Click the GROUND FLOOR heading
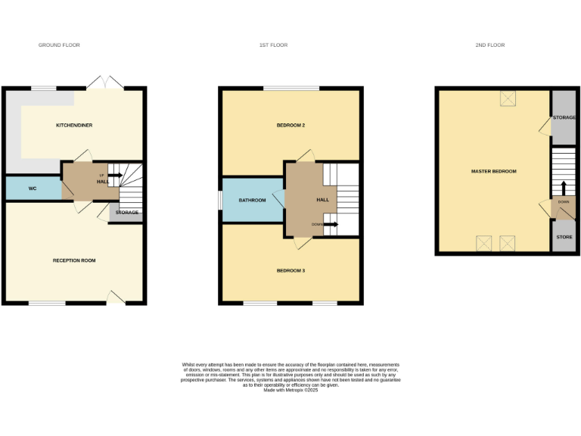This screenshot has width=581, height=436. click(x=59, y=45)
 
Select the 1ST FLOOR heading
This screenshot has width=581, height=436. click(x=272, y=45)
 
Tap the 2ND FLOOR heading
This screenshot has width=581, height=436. click(x=490, y=45)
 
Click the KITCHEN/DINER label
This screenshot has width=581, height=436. click(x=74, y=125)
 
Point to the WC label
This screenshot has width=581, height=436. click(x=33, y=188)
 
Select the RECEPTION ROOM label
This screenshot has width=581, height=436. click(x=74, y=260)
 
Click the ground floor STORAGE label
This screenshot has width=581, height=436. click(x=126, y=213)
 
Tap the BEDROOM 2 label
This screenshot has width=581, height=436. click(x=290, y=125)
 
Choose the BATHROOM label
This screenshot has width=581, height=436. click(x=252, y=201)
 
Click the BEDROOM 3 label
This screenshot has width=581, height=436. click(x=290, y=270)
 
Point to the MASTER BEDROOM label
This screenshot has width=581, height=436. click(x=493, y=172)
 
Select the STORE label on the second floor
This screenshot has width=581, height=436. click(x=564, y=237)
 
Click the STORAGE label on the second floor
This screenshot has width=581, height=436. click(x=564, y=118)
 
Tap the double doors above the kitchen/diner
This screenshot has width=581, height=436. click(x=104, y=83)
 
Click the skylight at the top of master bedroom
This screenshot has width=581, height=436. click(x=506, y=99)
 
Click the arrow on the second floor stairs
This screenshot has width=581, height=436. click(x=563, y=187)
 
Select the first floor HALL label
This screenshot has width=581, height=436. click(x=322, y=200)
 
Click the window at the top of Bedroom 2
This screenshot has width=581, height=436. click(x=291, y=89)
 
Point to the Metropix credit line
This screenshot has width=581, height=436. click(x=290, y=390)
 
